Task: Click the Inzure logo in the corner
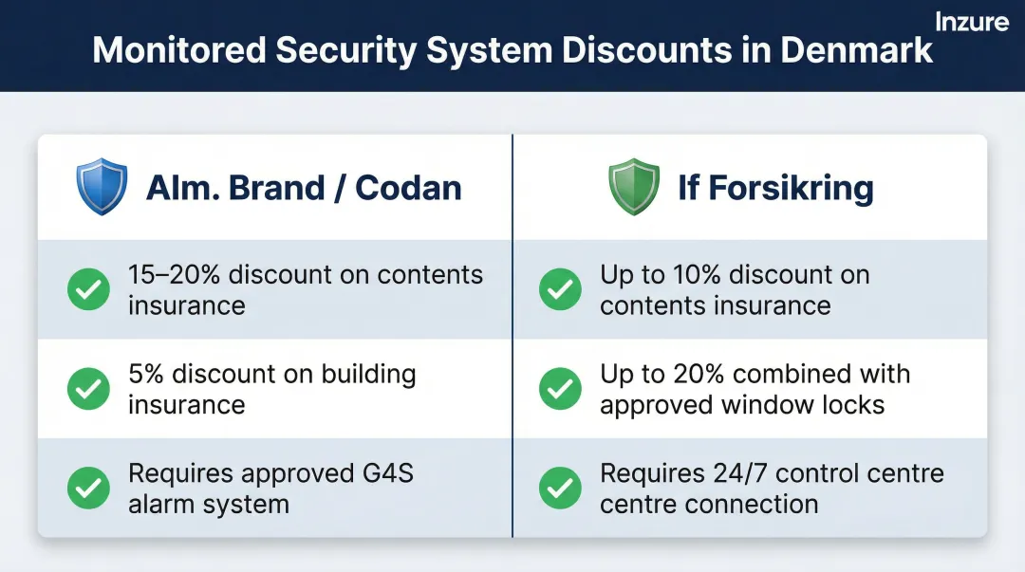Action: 971,21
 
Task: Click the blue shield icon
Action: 101,187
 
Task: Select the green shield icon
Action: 633,187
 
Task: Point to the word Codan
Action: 408,187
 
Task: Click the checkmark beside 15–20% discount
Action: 88,289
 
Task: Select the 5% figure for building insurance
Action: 146,374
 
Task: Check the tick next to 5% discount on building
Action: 88,388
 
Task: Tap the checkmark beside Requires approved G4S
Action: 88,487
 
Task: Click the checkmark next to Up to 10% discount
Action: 560,289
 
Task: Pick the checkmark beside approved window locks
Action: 560,388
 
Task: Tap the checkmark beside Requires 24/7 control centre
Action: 560,487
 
